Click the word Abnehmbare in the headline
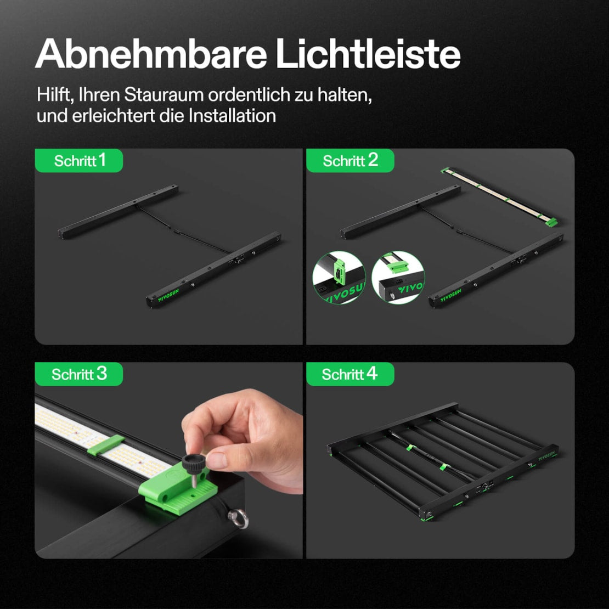(x=151, y=53)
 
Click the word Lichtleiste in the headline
(x=368, y=53)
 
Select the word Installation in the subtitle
(x=232, y=116)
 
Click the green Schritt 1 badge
(x=79, y=160)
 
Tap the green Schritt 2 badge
(x=350, y=160)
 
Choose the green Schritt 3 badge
(x=79, y=374)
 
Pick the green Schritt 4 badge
(x=350, y=374)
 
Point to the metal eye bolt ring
(x=239, y=518)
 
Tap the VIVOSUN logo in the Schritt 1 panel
(x=168, y=296)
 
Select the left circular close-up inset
(x=339, y=277)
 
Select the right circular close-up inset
(x=398, y=277)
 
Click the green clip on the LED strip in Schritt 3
(x=106, y=445)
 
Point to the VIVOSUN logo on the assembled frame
(x=546, y=455)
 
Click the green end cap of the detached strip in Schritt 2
(x=552, y=222)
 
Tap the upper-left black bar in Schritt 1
(x=118, y=212)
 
